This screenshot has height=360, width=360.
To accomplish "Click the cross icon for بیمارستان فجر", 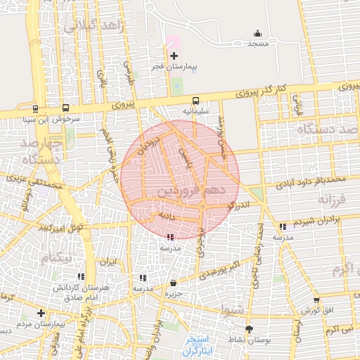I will (174, 55).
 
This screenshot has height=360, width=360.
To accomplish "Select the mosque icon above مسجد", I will (257, 33).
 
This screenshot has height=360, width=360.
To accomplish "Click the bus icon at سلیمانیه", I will (195, 101).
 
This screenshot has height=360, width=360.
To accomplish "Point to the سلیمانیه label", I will (196, 111).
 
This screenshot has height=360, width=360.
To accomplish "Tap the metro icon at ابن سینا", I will (35, 108).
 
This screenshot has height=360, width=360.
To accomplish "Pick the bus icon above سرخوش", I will (65, 108).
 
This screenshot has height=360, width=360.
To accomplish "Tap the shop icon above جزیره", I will (173, 283).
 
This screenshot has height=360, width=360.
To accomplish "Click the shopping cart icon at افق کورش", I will (316, 300).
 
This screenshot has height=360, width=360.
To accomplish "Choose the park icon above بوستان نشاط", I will (250, 328).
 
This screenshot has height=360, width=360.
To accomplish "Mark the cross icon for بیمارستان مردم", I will (41, 313).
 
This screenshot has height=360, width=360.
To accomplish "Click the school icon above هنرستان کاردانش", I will (81, 277).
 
